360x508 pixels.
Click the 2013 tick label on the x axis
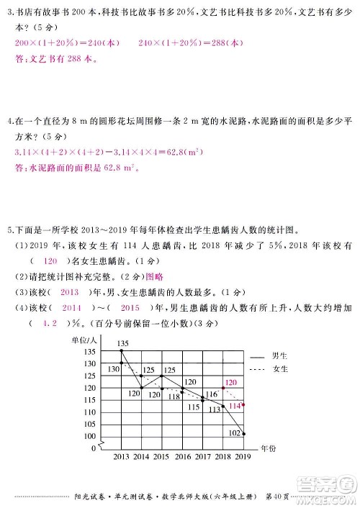pos(121,457)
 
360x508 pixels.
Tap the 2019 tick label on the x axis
pos(243,457)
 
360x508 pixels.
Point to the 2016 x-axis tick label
pos(182,457)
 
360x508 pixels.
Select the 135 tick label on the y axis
pos(89,352)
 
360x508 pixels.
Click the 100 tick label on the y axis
pos(89,436)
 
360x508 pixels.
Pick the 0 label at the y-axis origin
pos(94,448)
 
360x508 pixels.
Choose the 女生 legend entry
pos(280,369)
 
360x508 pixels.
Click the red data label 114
pos(233,407)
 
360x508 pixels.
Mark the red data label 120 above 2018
pos(230,383)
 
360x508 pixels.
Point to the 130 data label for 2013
pos(112,369)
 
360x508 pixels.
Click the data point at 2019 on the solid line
pos(244,433)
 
